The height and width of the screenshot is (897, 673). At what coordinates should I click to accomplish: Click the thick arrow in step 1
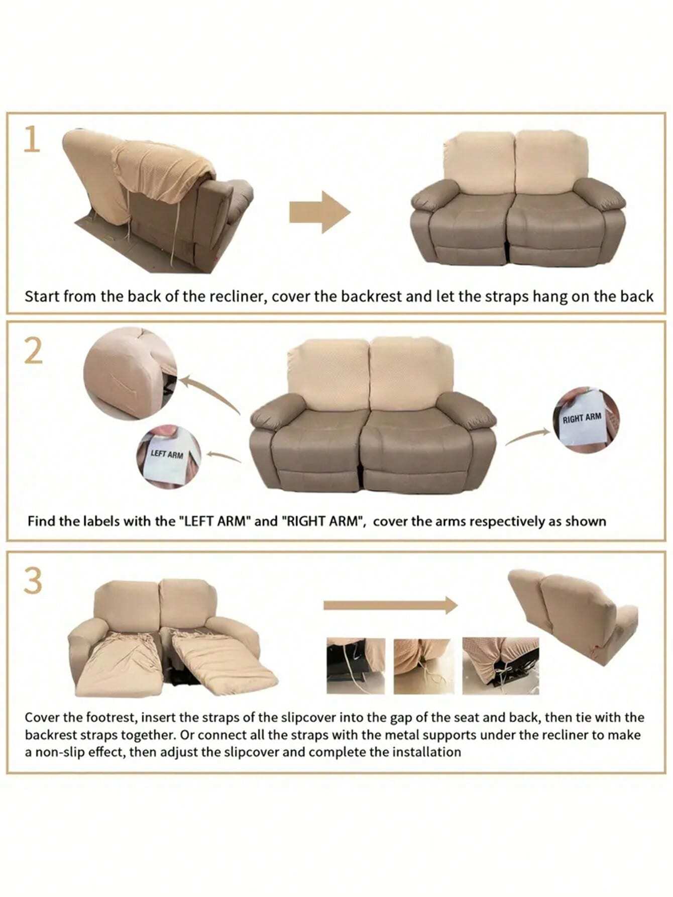coord(319,212)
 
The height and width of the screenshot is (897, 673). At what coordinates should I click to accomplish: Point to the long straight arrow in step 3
coord(390,606)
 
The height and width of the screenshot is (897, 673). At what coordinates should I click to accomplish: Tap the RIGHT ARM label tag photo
coord(588,420)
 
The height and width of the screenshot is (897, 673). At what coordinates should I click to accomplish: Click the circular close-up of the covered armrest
coord(130,373)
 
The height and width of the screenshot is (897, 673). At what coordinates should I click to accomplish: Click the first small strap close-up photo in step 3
coord(356,666)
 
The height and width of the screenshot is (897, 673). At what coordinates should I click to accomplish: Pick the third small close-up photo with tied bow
coord(501,666)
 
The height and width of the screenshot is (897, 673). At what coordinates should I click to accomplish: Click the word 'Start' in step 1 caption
coord(42,296)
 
